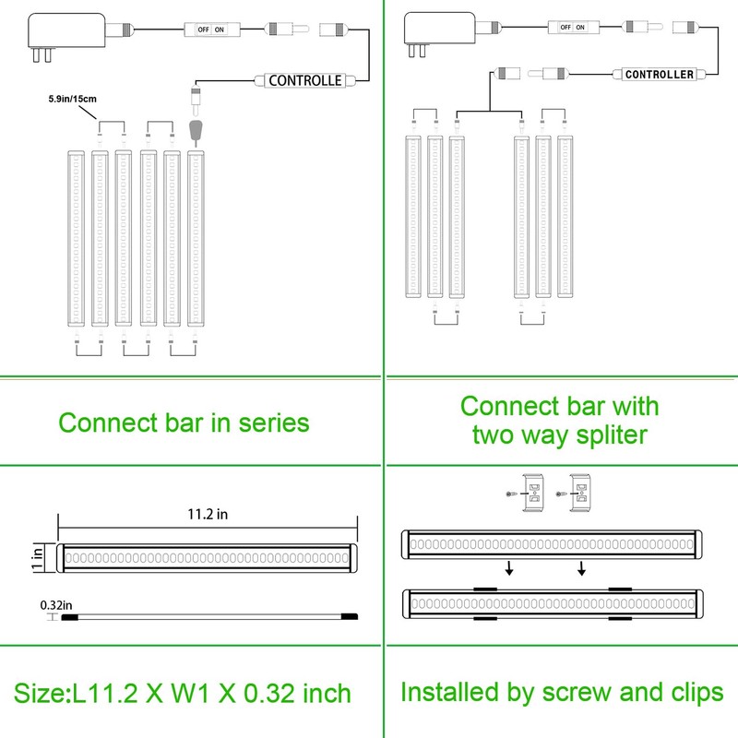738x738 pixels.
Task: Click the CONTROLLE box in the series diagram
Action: (x=304, y=80)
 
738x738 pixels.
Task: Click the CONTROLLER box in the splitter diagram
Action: (x=658, y=74)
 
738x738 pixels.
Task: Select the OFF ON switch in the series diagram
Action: (x=209, y=30)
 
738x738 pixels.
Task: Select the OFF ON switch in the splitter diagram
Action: (x=567, y=27)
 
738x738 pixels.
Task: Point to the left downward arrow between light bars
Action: (x=507, y=568)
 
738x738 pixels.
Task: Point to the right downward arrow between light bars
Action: (x=581, y=568)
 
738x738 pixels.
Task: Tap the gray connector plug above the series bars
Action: (x=195, y=130)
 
